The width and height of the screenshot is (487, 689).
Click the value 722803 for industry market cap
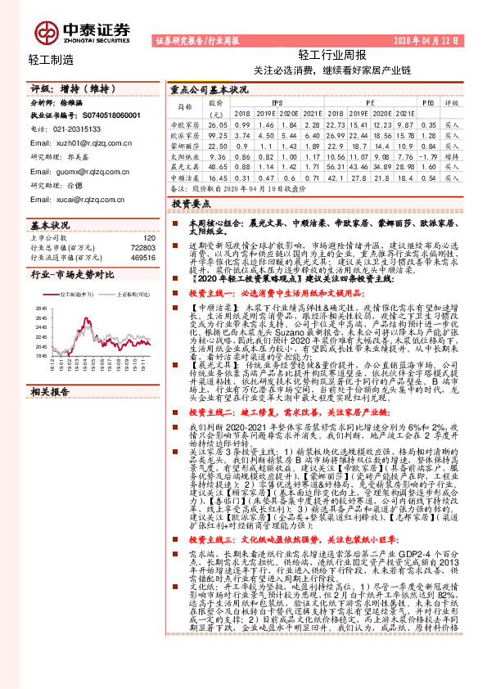point(144,246)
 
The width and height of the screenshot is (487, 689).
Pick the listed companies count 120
point(148,236)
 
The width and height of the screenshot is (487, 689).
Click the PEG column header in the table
point(427,102)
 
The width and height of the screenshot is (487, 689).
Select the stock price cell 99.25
point(217,133)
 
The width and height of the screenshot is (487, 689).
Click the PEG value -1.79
point(426,155)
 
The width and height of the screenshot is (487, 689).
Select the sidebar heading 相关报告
point(50,393)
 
